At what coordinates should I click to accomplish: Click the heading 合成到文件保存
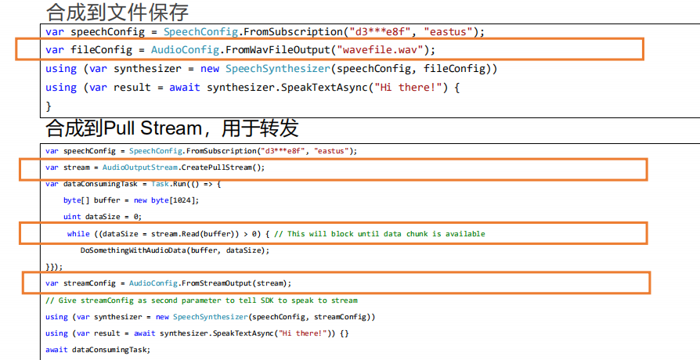pos(117,12)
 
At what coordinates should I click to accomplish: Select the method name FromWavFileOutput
pos(277,50)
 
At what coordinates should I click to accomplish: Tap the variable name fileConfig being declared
pos(101,50)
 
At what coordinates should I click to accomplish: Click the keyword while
pos(78,234)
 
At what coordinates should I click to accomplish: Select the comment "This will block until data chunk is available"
pos(386,234)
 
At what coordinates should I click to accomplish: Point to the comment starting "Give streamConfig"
pos(201,301)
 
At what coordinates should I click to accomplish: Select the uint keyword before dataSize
pos(72,217)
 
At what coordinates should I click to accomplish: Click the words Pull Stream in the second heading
pos(153,128)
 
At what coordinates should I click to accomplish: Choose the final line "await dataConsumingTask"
pos(98,350)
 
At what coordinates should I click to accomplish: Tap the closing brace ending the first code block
pos(49,106)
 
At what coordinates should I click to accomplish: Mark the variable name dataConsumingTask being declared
pos(100,184)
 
